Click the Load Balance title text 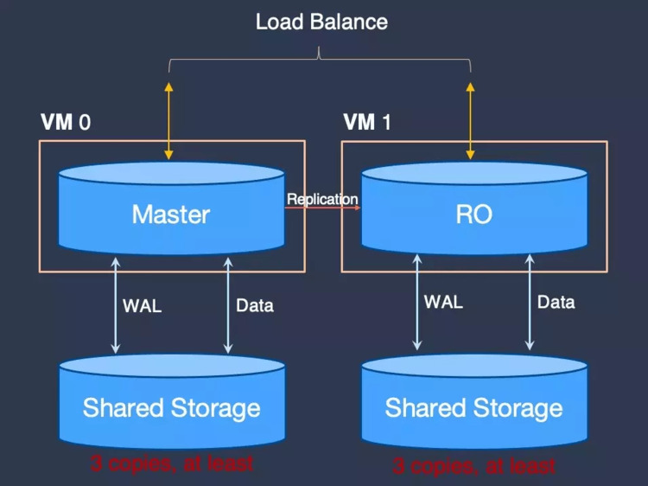coord(321,22)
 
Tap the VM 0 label coord(66,123)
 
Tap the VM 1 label coord(367,123)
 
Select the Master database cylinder coord(171,209)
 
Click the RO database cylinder coord(474,209)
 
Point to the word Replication coord(322,199)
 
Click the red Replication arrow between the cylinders coord(322,208)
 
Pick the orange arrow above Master coord(168,121)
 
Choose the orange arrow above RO coord(470,121)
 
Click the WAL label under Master coord(143,306)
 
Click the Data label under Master coord(255,305)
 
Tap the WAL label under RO coord(443,302)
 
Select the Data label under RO coord(556,303)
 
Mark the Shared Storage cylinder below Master coord(172,401)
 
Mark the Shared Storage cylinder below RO coord(474,401)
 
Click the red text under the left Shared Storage coord(172,464)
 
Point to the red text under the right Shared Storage coord(473,466)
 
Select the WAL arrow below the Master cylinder coord(116,305)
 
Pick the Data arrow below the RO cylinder coord(530,303)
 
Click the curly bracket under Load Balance coord(320,59)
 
